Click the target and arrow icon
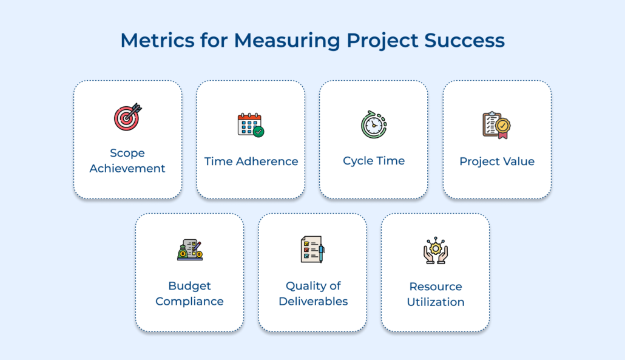pos(127,117)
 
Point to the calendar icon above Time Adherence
pos(250,124)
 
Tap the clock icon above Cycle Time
pos(374,123)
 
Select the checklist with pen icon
pos(312,249)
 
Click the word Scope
pos(127,153)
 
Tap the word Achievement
pos(127,168)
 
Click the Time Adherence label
pos(251,161)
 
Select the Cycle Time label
pos(374,160)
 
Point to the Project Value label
pos(497,161)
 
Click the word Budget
pos(189,286)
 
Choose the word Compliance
pos(189,301)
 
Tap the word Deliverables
pos(313,301)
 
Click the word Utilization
pos(436,302)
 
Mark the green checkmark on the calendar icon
pos(259,131)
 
